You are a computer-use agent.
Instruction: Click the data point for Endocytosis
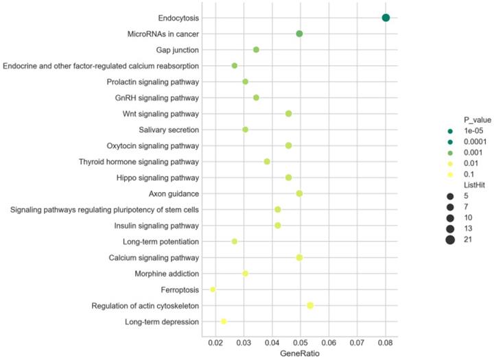click(x=386, y=18)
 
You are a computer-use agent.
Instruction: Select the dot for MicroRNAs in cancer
click(x=299, y=34)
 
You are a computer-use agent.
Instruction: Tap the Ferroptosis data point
click(x=213, y=289)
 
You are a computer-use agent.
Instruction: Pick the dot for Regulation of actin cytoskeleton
click(x=310, y=305)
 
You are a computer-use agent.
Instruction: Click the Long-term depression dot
click(x=224, y=321)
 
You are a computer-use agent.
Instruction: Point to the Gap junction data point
click(x=256, y=49)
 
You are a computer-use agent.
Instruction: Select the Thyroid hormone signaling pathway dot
click(x=267, y=161)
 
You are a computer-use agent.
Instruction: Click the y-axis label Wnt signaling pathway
click(x=161, y=113)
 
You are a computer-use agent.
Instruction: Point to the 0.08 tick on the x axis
click(x=385, y=341)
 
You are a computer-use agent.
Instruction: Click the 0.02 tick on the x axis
click(x=215, y=341)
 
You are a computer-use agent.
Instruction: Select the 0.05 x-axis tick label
click(x=300, y=341)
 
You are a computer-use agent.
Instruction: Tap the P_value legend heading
click(x=478, y=120)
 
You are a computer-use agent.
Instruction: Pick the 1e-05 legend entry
click(x=475, y=131)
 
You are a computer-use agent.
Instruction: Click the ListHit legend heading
click(x=475, y=185)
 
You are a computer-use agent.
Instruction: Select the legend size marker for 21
click(x=450, y=239)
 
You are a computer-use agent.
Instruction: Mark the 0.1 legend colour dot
click(x=450, y=174)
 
